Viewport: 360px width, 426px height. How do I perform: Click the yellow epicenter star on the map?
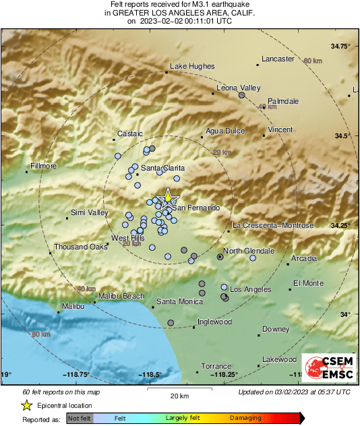click(166, 199)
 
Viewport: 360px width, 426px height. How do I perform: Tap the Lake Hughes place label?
click(192, 66)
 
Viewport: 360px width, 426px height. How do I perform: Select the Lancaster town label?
click(278, 59)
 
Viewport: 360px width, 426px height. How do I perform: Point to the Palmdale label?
click(283, 101)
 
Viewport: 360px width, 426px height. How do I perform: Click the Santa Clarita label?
click(162, 168)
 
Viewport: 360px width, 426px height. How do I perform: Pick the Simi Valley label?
click(89, 213)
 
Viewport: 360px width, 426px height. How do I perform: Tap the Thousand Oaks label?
click(81, 247)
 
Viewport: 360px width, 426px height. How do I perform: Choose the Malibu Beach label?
click(121, 296)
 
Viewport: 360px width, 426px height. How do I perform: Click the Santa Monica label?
click(180, 301)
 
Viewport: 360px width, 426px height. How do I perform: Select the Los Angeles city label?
click(251, 289)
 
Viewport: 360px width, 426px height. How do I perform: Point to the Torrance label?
click(216, 365)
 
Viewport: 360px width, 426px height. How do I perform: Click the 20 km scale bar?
click(179, 389)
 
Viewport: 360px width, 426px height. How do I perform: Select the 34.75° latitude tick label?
click(340, 47)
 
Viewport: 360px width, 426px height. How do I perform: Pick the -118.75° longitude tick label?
click(76, 375)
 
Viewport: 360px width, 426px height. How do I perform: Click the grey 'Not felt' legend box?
click(79, 418)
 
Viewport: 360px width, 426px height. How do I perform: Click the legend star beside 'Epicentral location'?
click(27, 405)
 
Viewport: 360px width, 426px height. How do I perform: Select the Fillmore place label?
click(44, 166)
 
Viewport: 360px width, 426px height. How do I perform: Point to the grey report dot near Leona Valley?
click(241, 96)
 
